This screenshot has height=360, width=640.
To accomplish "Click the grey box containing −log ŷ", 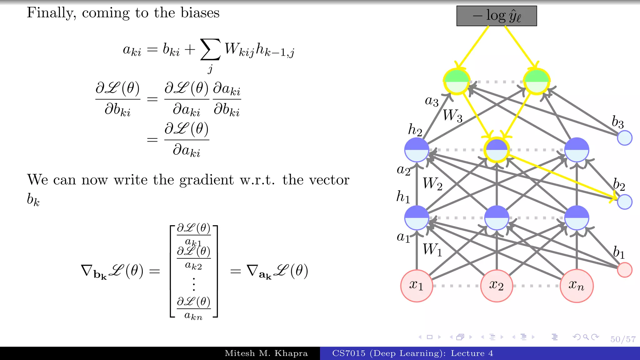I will pyautogui.click(x=497, y=16).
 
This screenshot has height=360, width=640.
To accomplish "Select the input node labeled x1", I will pyautogui.click(x=417, y=286).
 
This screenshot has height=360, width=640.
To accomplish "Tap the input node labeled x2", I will pyautogui.click(x=497, y=286).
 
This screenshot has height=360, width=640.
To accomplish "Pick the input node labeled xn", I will pyautogui.click(x=577, y=286).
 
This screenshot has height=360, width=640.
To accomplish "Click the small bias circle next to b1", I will pyautogui.click(x=625, y=270).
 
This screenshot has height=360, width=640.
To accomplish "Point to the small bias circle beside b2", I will pyautogui.click(x=625, y=202).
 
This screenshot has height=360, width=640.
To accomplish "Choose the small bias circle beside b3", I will pyautogui.click(x=625, y=138).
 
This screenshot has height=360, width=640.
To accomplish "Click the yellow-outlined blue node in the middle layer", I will pyautogui.click(x=497, y=150).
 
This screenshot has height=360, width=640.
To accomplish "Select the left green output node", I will pyautogui.click(x=457, y=81).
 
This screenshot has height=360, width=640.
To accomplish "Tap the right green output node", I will pyautogui.click(x=537, y=81).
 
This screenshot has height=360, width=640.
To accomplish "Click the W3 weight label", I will pyautogui.click(x=452, y=116).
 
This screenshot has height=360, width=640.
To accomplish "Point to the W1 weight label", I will pyautogui.click(x=432, y=250).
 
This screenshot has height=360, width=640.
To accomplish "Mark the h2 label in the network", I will pyautogui.click(x=415, y=130).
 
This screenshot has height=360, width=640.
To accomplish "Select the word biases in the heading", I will pyautogui.click(x=200, y=13).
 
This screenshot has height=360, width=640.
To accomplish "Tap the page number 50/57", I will pyautogui.click(x=623, y=339).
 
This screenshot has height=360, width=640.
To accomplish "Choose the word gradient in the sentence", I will pyautogui.click(x=206, y=180).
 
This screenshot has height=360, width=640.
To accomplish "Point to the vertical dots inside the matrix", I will pyautogui.click(x=194, y=284).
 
